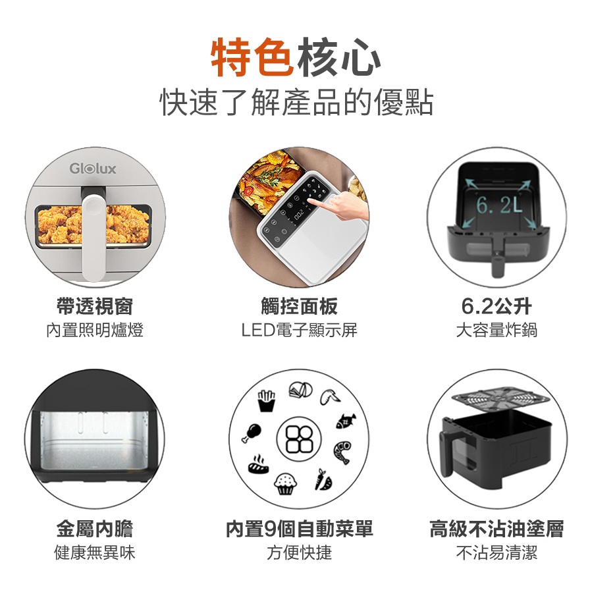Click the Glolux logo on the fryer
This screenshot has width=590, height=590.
[x=93, y=169]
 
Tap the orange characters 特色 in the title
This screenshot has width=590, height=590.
[x=252, y=58]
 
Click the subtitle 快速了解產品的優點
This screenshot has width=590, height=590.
[x=296, y=102]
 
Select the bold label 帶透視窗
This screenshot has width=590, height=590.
[x=95, y=306]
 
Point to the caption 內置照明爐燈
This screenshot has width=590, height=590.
[x=95, y=330]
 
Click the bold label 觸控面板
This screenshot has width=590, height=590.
[x=299, y=306]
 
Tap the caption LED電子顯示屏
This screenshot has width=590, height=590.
[x=299, y=330]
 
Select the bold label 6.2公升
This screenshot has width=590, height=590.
[x=496, y=306]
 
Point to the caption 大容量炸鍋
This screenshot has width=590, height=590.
[x=496, y=330]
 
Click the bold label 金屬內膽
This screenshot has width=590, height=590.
[x=95, y=529]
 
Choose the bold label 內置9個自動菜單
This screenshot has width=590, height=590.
[x=299, y=529]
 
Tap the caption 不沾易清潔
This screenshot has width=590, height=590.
[x=496, y=552]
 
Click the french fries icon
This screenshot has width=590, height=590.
[x=266, y=400]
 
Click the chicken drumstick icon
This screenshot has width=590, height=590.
[x=252, y=430]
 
